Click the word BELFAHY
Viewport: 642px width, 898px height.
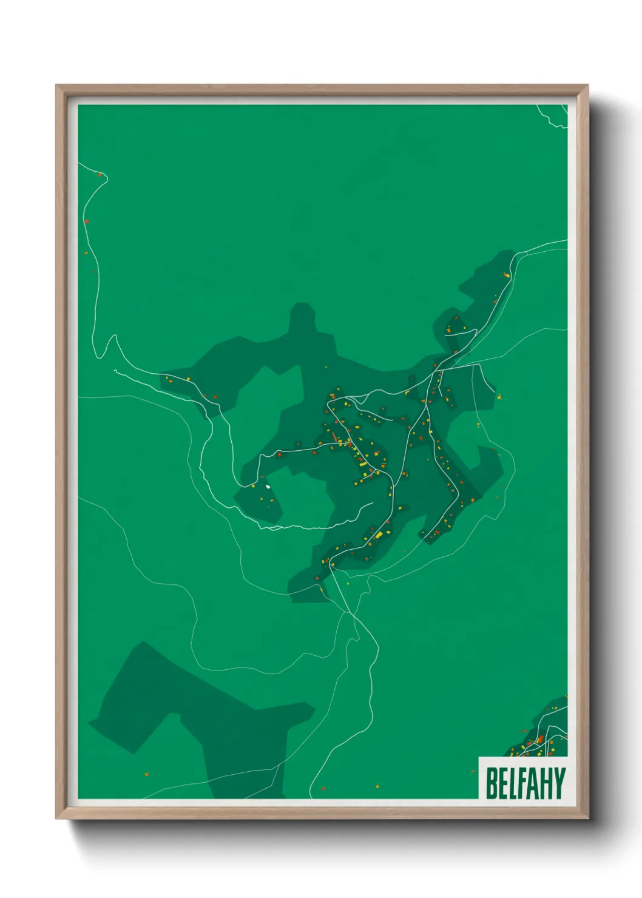point(525,783)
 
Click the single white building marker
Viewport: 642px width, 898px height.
point(268,486)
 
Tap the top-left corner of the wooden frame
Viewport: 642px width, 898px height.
point(58,87)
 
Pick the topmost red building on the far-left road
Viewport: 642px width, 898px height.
point(100,175)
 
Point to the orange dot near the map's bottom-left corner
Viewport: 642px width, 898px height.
point(146,774)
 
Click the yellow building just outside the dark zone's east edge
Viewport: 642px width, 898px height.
point(499,397)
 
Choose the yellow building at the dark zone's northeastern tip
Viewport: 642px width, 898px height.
point(507,275)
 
